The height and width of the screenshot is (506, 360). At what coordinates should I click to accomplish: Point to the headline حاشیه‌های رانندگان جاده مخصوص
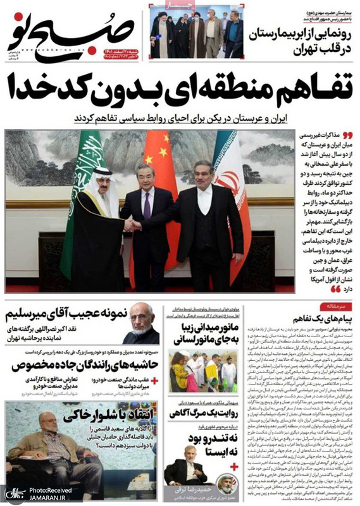click(x=82, y=365)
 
